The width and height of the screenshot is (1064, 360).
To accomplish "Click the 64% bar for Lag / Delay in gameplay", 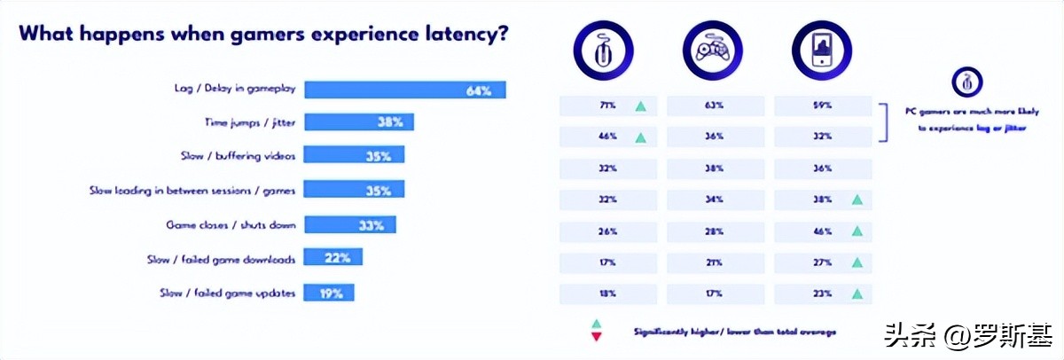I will pos(404,90).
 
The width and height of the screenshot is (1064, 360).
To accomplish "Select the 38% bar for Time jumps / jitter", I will pos(358,122).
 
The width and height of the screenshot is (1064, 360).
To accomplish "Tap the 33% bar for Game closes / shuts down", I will pos(349,225).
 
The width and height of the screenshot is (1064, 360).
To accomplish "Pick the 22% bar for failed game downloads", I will pos(332,258).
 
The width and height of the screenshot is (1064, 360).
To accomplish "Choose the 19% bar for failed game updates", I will pos(329,291).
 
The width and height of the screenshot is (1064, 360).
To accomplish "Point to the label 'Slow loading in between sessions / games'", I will pos(192,189).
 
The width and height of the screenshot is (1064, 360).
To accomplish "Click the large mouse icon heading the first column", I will pos(603,51).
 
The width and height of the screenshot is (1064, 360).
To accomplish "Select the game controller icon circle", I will pos(712,51).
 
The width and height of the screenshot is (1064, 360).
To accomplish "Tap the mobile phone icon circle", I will pos(820,51).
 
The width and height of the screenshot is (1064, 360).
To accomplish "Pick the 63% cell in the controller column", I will pos(716,106).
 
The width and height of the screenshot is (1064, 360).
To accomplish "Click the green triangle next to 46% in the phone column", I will pos(856,231).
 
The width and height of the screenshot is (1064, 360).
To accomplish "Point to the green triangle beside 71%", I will pos(639,106).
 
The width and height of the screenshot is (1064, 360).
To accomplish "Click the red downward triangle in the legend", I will pos(596,337).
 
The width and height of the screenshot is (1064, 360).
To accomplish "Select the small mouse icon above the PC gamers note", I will pos(967,82).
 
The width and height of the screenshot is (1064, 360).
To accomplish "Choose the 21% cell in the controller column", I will pos(716,263).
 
